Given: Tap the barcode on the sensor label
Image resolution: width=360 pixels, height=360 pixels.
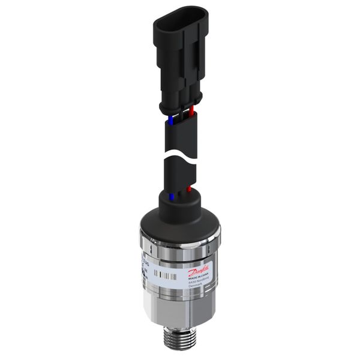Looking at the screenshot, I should (164, 274).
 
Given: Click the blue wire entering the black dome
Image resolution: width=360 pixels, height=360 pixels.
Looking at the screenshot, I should (172, 196).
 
